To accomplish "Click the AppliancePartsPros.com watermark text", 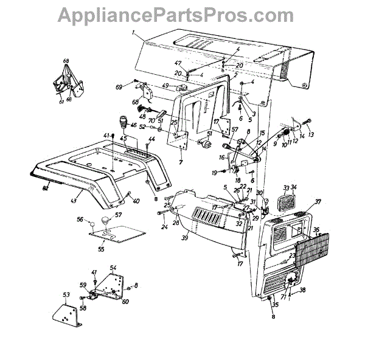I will pos(182,13).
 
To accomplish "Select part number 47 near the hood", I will pos(178,63).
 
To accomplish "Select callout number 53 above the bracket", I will pos(66,294).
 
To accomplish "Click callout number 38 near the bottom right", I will pos(302,290).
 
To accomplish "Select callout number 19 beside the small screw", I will pos(214,174).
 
